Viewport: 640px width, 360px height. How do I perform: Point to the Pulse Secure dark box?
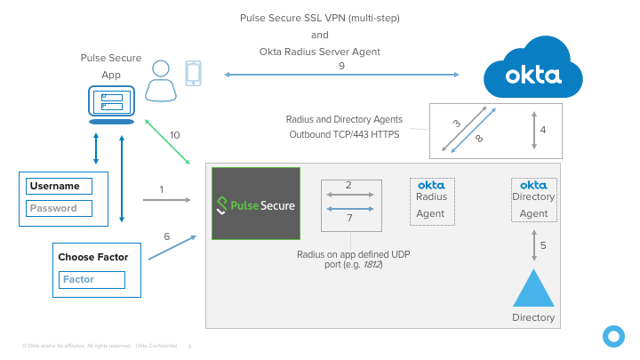[256, 204]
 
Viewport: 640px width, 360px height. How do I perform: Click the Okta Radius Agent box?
[431, 200]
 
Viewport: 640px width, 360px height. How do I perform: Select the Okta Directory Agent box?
[533, 200]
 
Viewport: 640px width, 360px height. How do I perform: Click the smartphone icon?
[193, 73]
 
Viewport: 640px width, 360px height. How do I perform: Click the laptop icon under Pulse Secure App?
[111, 104]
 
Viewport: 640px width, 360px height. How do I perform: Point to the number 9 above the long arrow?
[341, 66]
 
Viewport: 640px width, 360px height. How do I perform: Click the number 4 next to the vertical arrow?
[542, 130]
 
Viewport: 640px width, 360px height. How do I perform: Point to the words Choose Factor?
[92, 257]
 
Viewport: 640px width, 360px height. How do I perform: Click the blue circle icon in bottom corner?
[612, 335]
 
